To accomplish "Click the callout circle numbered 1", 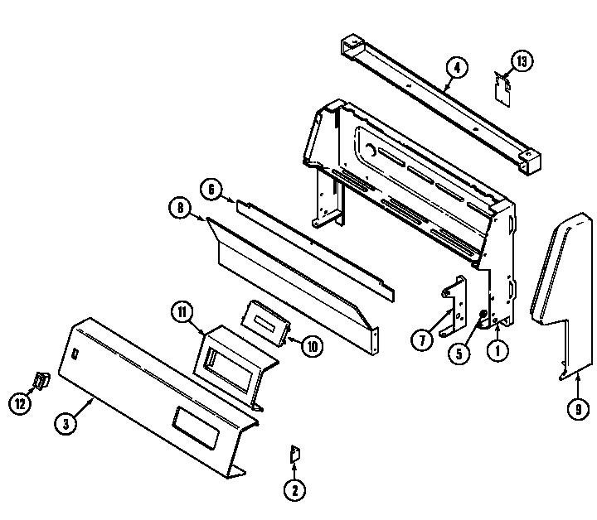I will (x=497, y=351).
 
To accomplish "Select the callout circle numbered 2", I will (x=294, y=490).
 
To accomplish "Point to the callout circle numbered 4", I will (x=455, y=67).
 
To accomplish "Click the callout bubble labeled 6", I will (x=212, y=190).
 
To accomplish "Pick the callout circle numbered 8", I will (x=180, y=209).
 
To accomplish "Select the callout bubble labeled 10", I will (x=310, y=346).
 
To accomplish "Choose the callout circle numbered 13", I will (x=521, y=60).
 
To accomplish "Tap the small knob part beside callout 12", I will (x=38, y=382).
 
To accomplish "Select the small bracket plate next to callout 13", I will (x=502, y=88).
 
